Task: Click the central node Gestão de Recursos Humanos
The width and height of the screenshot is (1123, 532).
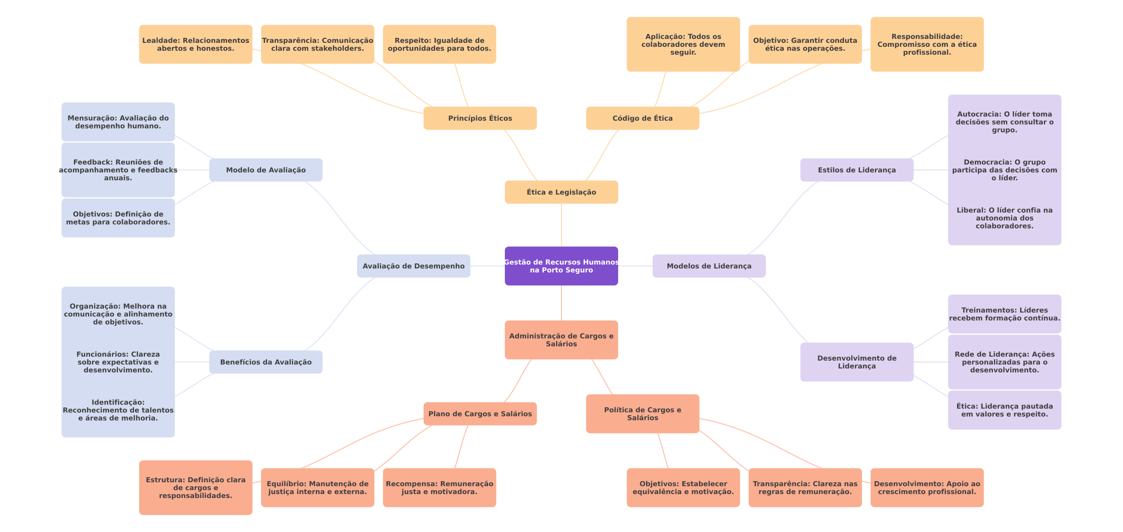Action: pos(561,266)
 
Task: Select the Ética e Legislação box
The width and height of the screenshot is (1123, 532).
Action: pos(561,192)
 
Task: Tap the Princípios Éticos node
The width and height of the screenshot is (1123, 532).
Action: pos(480,118)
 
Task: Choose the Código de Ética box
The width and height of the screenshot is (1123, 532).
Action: pos(642,118)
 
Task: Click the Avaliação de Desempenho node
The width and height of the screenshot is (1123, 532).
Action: pos(413,266)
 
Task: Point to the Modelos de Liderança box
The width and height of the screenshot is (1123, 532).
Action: pos(709,266)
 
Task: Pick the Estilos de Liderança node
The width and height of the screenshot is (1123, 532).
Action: pos(857,170)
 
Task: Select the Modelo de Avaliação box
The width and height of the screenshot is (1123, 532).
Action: pos(265,170)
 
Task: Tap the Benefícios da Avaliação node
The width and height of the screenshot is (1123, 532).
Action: pos(265,362)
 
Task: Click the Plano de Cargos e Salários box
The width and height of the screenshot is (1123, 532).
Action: pos(480,414)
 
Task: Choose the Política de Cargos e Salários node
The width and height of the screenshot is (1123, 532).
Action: pos(642,414)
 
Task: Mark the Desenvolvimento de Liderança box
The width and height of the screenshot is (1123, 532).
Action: pos(857,362)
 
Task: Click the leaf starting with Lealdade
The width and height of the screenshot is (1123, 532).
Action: pos(196,44)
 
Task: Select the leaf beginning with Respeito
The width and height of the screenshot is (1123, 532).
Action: pos(439,44)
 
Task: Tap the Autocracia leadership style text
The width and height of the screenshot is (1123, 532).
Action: pos(1004,122)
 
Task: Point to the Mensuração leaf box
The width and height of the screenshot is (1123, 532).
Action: pos(118,122)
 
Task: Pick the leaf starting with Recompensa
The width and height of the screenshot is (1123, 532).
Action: pos(439,488)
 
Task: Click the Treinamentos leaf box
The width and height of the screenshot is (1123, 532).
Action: pos(1004,314)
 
